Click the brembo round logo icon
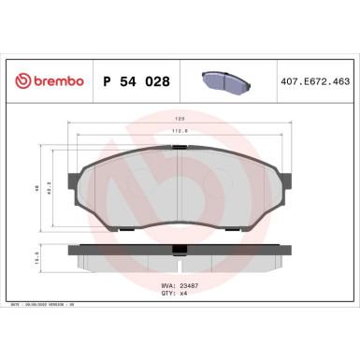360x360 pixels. click(20, 81)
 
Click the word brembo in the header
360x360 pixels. click(58, 81)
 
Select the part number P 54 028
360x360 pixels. click(133, 81)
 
